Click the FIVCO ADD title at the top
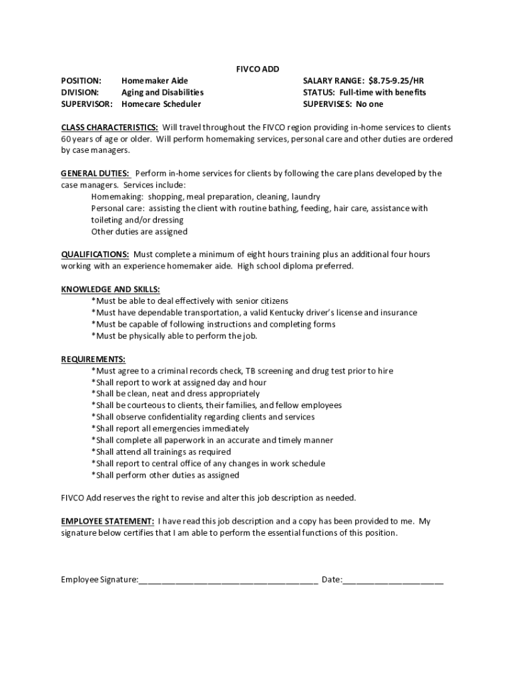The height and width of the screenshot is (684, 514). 258,69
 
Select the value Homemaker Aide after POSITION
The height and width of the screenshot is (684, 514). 154,81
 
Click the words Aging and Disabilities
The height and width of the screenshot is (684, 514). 162,92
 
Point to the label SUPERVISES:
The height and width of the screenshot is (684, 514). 328,104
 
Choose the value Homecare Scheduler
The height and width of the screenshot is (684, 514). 161,104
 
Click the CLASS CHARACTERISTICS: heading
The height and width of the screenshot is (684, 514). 109,127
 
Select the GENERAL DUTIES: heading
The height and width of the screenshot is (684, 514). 95,174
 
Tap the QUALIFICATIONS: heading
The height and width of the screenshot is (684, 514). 95,254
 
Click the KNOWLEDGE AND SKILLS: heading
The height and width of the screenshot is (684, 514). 110,289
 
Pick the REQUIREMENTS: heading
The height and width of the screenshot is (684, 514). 93,359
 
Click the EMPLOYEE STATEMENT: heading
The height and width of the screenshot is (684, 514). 107,521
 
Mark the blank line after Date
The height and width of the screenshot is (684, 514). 393,580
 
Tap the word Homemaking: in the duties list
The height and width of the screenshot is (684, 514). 117,197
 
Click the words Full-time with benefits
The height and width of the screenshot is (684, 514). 382,92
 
